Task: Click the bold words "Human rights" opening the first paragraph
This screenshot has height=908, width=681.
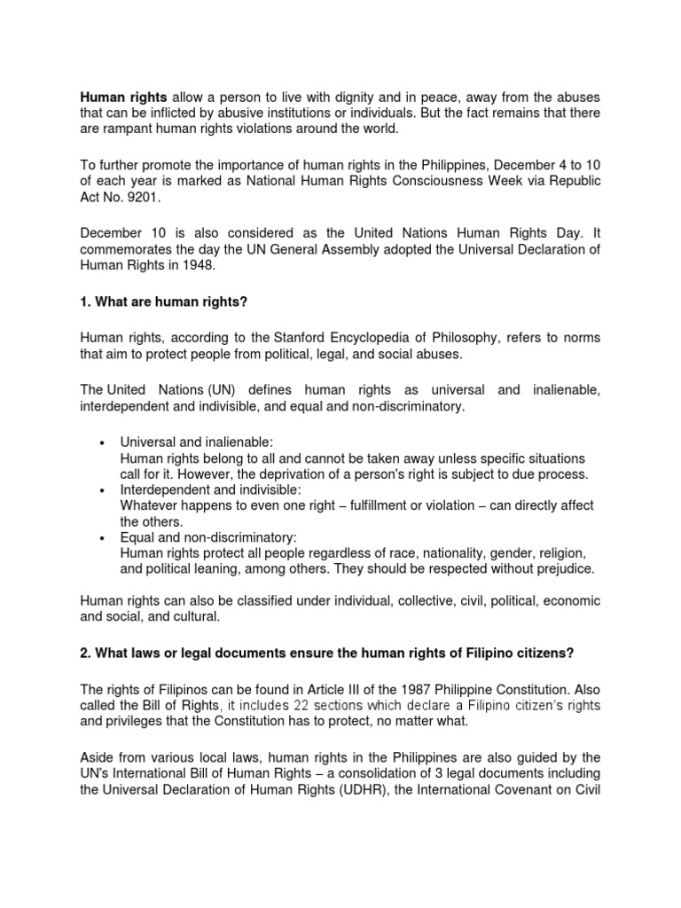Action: (124, 96)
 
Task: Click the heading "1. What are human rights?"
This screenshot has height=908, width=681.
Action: (164, 301)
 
